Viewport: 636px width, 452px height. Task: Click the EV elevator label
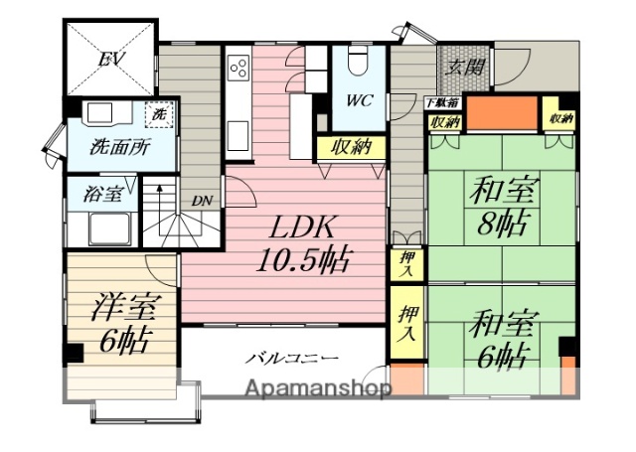pyautogui.click(x=110, y=59)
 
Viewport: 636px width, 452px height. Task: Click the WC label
pyautogui.click(x=359, y=101)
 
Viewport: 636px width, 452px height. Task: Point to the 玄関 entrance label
pyautogui.click(x=463, y=68)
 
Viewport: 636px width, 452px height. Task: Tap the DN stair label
pyautogui.click(x=202, y=201)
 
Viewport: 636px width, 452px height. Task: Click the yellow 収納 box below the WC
pyautogui.click(x=352, y=148)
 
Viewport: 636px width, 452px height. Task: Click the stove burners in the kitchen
pyautogui.click(x=239, y=68)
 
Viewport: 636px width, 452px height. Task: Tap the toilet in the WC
pyautogui.click(x=360, y=62)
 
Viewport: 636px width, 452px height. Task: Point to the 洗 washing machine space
pyautogui.click(x=157, y=114)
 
